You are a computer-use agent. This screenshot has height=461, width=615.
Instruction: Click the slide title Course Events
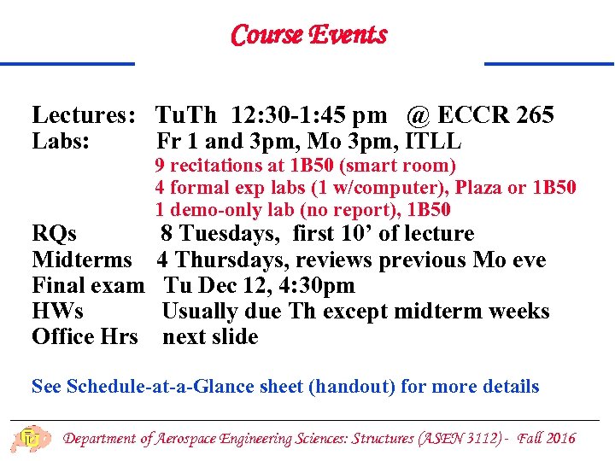[308, 35]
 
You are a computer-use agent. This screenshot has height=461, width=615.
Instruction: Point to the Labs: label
[61, 141]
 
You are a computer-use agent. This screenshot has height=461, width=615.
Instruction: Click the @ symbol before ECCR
[419, 115]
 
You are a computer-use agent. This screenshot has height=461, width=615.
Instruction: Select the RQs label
[54, 234]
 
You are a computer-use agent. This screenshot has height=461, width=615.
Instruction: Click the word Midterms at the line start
[82, 260]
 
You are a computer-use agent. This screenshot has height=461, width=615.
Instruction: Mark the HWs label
[57, 311]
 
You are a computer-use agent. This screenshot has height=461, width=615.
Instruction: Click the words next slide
[210, 336]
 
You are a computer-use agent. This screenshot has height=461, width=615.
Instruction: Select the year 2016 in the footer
[560, 438]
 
